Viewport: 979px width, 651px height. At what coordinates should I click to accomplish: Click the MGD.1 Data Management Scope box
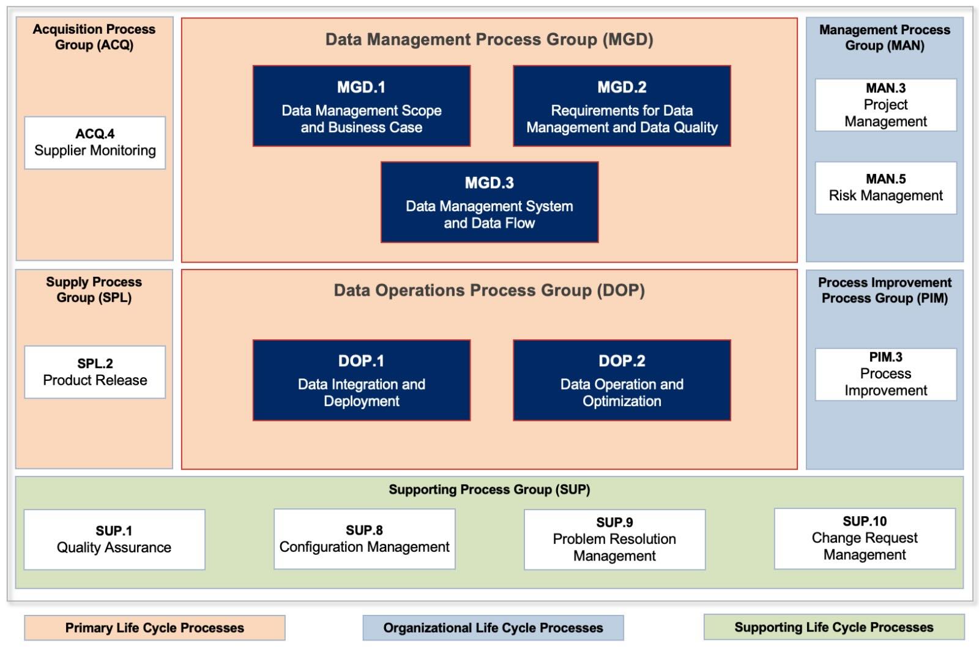point(361,106)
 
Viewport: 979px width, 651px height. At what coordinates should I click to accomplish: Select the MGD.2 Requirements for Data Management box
point(622,106)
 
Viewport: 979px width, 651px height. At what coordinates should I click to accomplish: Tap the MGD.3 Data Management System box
point(489,202)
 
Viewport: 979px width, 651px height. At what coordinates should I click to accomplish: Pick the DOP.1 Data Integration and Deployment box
point(361,380)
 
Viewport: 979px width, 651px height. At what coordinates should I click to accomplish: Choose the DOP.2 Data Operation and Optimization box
point(622,380)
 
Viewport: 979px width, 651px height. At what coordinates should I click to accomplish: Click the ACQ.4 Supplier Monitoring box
point(95,143)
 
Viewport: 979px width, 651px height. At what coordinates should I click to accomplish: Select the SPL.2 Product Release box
point(95,372)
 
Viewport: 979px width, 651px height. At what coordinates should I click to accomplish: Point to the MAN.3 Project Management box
point(885,105)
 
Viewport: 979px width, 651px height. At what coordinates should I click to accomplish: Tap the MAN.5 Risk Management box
point(885,188)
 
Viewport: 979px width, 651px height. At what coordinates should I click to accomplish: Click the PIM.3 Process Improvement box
point(885,374)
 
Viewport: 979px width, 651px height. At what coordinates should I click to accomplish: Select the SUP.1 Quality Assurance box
point(114,540)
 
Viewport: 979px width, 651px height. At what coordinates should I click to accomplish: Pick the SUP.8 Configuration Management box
point(364,539)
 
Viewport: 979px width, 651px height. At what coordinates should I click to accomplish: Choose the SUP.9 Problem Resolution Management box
point(614,540)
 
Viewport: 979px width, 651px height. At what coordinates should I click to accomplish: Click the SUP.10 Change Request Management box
point(864,538)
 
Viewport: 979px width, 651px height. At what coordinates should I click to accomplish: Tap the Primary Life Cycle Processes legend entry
point(155,628)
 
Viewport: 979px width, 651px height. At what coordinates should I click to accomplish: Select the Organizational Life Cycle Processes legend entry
point(493,628)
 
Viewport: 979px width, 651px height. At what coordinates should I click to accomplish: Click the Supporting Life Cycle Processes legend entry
point(833,627)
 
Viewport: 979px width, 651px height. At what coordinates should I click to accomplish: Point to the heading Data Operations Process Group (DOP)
point(489,290)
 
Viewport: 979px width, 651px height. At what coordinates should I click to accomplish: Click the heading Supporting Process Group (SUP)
point(489,489)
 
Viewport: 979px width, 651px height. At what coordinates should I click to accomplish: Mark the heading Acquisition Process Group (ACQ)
point(94,37)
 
